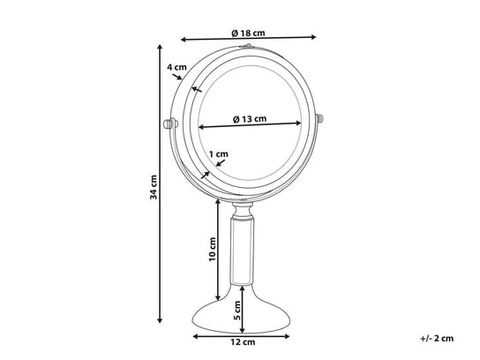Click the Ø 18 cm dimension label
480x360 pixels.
point(248,33)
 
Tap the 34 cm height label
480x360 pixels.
point(153,187)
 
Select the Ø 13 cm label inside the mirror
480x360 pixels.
point(250,119)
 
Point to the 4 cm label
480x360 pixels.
point(176,67)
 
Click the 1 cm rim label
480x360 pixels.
point(219,154)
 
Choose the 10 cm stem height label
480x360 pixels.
point(213,250)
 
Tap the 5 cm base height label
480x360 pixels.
point(237,311)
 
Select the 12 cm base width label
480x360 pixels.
point(243,342)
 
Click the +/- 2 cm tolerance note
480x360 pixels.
point(437,338)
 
